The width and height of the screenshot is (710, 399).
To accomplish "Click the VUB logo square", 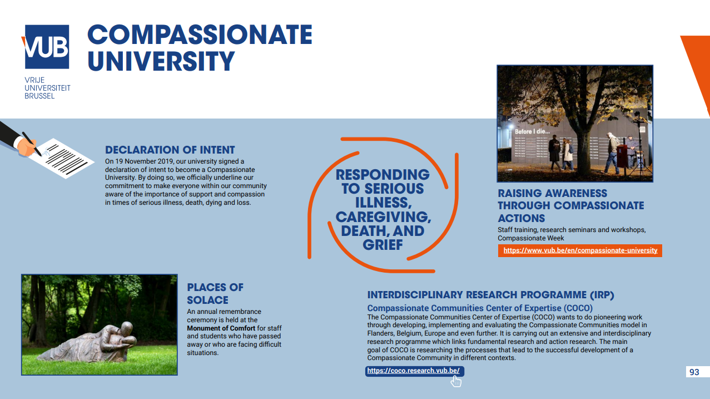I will [x=47, y=47].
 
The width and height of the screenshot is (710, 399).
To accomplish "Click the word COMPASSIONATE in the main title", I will [x=200, y=35].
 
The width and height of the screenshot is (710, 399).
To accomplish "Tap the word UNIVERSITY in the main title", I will [x=161, y=61].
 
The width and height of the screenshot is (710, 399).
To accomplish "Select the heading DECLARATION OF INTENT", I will [x=170, y=150].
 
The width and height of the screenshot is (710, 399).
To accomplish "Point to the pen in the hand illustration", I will [x=31, y=141].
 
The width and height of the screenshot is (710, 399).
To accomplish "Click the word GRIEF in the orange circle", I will [x=383, y=244].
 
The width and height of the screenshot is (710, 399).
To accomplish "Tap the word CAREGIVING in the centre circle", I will [x=383, y=216].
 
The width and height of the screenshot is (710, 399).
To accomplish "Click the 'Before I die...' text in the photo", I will [x=532, y=131].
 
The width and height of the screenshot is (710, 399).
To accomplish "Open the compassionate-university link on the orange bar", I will [x=580, y=250].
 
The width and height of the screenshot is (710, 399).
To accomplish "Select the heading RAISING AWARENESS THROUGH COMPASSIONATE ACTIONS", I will [x=570, y=206].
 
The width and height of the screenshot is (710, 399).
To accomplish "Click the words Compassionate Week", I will [x=531, y=238].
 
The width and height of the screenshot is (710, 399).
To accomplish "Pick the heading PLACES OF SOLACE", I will [x=215, y=293].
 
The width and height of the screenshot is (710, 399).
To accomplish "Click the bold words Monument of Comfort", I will [x=221, y=328].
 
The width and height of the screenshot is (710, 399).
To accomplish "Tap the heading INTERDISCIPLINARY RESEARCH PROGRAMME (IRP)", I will [x=490, y=295].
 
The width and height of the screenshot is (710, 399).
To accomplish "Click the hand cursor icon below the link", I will [x=456, y=381].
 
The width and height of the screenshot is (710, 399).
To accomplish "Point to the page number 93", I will [x=694, y=372].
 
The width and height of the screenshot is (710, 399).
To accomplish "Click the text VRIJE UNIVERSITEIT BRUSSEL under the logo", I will [x=47, y=88].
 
